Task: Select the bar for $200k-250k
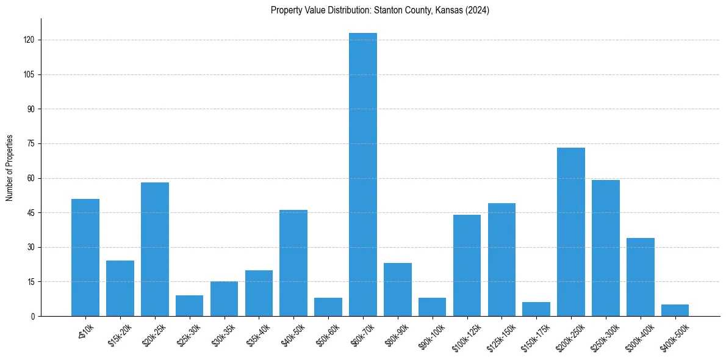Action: [571, 232]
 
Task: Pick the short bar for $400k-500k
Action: [675, 311]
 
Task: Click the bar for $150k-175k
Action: [536, 309]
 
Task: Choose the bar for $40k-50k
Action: [293, 263]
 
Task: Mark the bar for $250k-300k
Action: [606, 248]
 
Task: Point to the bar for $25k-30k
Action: [189, 306]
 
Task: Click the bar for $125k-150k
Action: [501, 259]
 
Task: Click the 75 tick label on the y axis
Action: [34, 144]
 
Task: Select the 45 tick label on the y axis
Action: [34, 213]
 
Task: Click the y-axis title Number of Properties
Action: [10, 168]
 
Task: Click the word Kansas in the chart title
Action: [448, 10]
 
